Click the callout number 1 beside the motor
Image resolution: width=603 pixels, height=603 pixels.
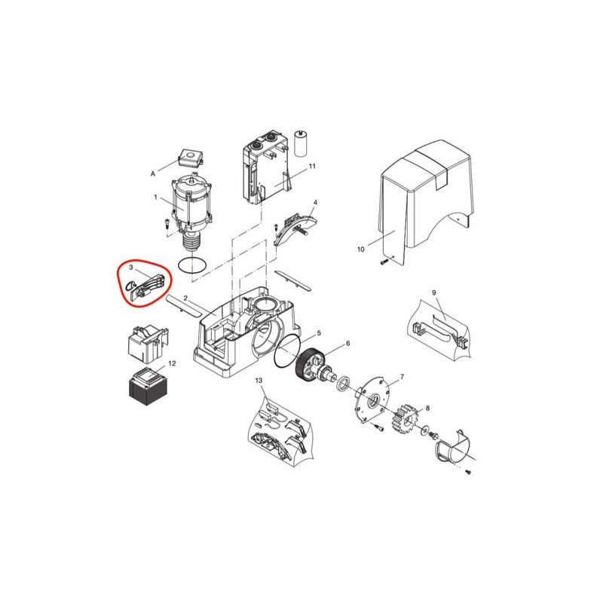coord(156,197)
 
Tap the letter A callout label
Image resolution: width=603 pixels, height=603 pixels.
coord(153,174)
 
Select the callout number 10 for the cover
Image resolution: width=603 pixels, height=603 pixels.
coord(361,249)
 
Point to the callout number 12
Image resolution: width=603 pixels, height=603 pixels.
coord(172,363)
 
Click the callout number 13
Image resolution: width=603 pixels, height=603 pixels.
coord(259,381)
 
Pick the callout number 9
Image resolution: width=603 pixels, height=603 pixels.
coord(434,292)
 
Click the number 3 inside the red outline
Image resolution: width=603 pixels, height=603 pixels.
coord(131,267)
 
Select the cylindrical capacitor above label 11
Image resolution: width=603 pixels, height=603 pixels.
coord(301,143)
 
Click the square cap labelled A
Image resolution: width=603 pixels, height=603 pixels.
coord(191,157)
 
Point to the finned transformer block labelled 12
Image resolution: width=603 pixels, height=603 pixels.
coord(148,387)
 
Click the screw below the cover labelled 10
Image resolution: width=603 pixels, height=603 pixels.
coord(384,262)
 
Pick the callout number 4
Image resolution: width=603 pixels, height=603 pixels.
coord(315,202)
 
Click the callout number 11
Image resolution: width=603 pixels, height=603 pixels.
coord(312,166)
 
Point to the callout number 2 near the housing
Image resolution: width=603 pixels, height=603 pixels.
coord(185,298)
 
